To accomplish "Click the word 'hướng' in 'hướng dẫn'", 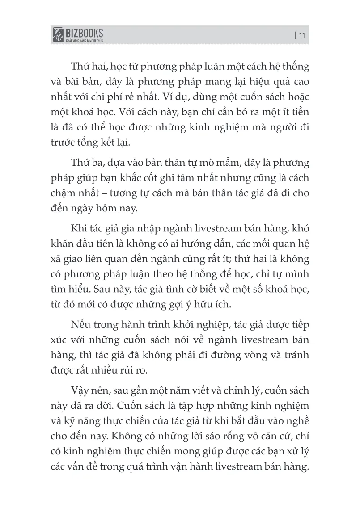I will pyautogui.click(x=203, y=245).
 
